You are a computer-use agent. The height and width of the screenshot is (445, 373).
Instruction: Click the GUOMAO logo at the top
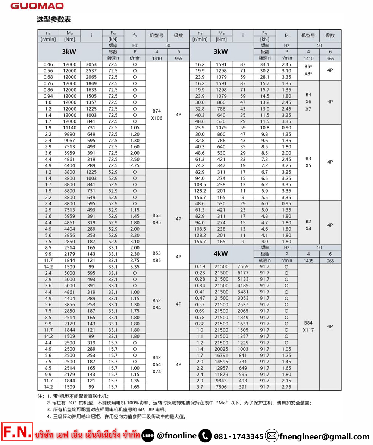tap(37, 6)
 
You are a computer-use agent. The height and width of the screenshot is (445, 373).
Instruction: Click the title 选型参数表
tap(54, 19)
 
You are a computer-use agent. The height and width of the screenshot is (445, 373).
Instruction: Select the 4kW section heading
tap(220, 254)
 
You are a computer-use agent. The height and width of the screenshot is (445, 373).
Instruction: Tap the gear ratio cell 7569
tap(242, 266)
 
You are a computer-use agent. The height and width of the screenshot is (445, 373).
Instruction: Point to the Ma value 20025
tap(221, 349)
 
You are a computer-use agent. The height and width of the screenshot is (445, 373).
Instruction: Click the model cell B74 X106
tap(157, 115)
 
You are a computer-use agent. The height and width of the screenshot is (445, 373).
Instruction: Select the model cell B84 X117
tap(308, 326)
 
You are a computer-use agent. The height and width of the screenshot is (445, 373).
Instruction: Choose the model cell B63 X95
tap(157, 219)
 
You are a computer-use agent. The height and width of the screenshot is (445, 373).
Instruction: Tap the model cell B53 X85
tap(157, 257)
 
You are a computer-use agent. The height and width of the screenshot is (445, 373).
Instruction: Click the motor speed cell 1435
tap(308, 261)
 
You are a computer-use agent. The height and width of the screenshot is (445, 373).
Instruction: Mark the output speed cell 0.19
tap(200, 266)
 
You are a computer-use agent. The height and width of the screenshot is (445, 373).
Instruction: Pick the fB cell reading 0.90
tap(286, 127)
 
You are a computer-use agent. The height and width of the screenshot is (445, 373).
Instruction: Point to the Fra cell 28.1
tap(264, 77)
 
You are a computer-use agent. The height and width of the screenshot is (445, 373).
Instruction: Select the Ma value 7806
tap(221, 387)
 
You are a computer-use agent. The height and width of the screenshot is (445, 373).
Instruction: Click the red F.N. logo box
tap(17, 432)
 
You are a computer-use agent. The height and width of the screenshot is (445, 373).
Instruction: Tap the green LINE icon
tap(148, 436)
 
